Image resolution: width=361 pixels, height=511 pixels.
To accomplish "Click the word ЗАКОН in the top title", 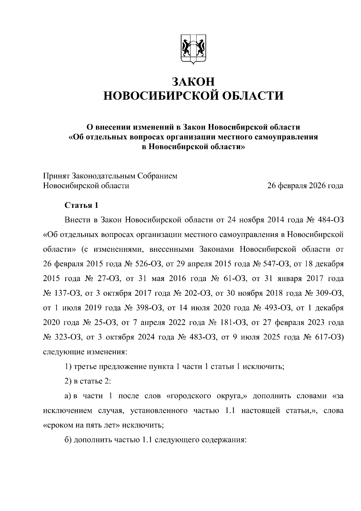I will coord(193,82).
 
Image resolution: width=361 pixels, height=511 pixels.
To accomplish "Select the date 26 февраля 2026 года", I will coord(305,186).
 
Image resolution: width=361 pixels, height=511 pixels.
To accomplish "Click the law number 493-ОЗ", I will coord(276,308).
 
